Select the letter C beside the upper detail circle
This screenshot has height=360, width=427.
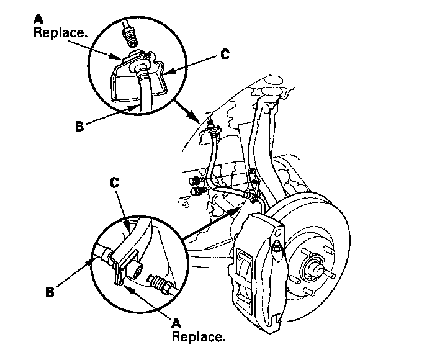coord(225,54)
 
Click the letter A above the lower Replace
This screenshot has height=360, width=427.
coord(176,323)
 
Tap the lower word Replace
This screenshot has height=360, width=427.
coord(198,338)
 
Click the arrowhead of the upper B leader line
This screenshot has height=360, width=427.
coord(137,107)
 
